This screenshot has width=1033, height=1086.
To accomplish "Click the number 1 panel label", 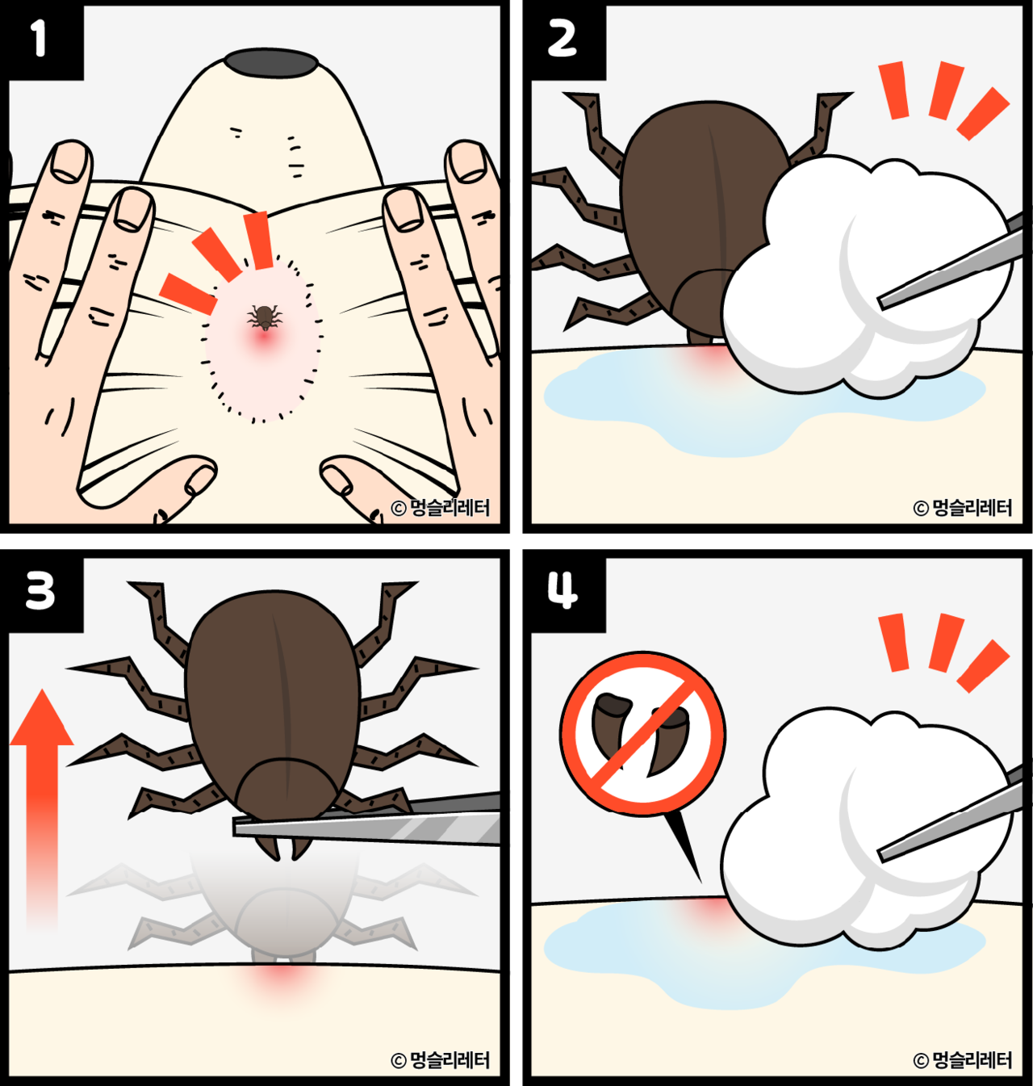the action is pos(38,39).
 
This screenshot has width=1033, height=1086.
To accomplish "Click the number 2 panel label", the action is pos(562,39).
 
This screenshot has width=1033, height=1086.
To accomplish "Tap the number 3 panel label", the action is pos(40,591).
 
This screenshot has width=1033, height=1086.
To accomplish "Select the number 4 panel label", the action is pos(563,590).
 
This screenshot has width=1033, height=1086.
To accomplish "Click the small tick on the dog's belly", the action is pos(265,317).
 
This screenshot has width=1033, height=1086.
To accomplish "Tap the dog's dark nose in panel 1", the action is pos(270,62).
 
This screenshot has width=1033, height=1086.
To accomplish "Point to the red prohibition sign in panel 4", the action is pos(642,735).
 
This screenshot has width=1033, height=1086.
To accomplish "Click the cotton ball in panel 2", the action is pos(867,276).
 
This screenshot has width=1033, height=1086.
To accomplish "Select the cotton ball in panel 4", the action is pos(867,828).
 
